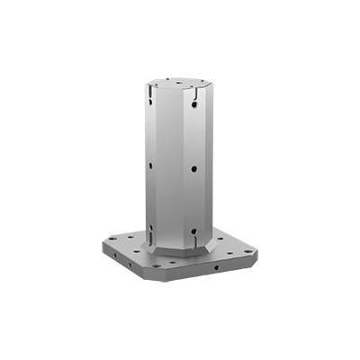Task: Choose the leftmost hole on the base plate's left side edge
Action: pos(112,256)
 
